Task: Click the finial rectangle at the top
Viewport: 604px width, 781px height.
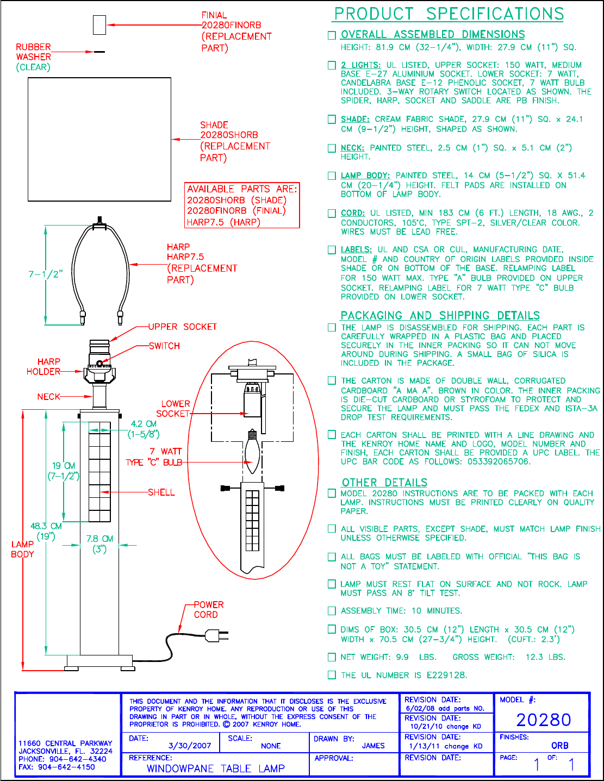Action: click(x=99, y=24)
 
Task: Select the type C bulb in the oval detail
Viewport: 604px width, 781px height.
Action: click(x=251, y=451)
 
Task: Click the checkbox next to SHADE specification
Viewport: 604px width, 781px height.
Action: click(x=332, y=120)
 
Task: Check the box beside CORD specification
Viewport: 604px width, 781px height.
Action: click(x=332, y=214)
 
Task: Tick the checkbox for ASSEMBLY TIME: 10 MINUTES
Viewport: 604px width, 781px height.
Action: click(x=332, y=611)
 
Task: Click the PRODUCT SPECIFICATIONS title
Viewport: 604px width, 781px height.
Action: click(x=449, y=14)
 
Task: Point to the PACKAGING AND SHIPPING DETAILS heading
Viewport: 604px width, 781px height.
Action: click(x=440, y=316)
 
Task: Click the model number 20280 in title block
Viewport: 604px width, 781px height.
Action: click(x=543, y=720)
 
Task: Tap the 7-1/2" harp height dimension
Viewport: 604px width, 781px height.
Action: click(x=46, y=274)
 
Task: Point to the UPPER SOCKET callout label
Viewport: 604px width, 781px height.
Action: click(x=183, y=327)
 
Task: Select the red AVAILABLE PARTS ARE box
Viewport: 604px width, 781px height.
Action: click(x=242, y=205)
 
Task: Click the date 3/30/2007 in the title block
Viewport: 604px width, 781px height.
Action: click(x=190, y=746)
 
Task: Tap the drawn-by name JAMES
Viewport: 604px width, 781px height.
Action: click(x=373, y=746)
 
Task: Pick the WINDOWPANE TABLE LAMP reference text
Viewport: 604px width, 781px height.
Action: click(x=216, y=768)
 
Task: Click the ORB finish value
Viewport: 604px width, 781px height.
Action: click(x=559, y=746)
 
